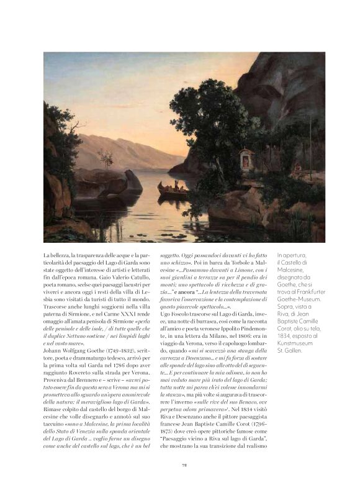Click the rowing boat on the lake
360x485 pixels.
pos(174,188)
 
